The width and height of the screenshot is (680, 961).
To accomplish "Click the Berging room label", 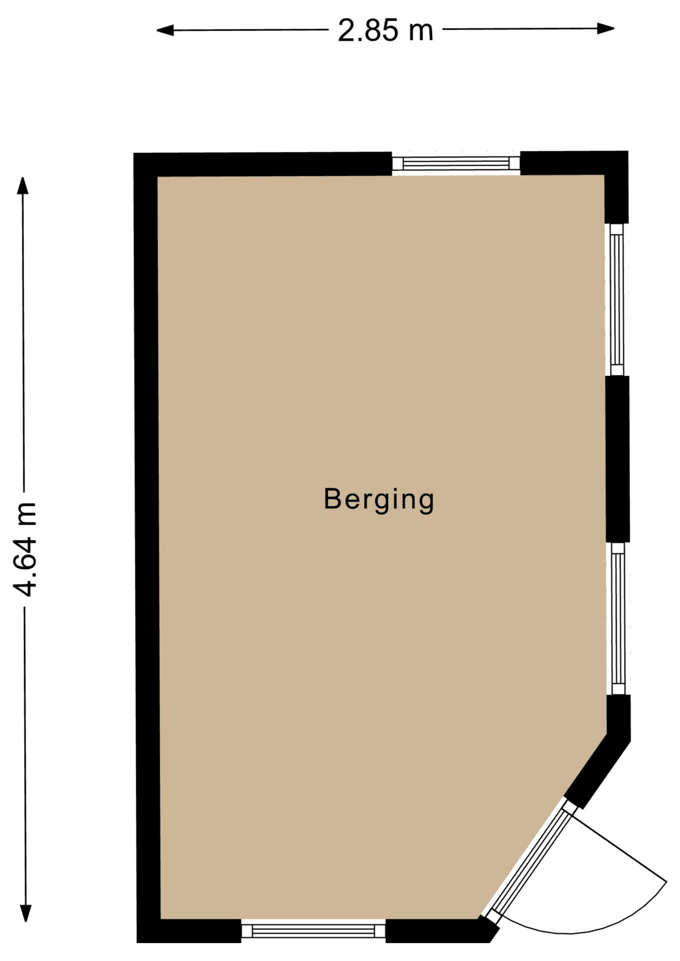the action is point(379,499).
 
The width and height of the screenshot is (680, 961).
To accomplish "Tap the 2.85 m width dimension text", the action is point(385,30).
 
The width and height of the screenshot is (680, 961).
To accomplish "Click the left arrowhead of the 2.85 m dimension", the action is point(165,31).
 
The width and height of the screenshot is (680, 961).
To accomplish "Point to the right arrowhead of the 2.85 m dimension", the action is point(606,29).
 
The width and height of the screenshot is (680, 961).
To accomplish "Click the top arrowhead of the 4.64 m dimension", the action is point(23,186).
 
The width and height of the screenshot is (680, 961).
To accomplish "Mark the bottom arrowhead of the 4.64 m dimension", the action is point(26,913).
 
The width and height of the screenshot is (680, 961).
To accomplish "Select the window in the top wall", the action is point(456,164).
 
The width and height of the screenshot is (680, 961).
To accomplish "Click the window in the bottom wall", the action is point(313,931).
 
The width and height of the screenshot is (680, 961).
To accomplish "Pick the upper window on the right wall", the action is point(617,299).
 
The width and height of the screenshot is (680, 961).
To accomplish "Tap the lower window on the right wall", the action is point(618,619).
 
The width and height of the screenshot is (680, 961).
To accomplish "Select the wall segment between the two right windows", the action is point(617,459).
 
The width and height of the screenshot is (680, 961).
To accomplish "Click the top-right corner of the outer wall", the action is point(628,151).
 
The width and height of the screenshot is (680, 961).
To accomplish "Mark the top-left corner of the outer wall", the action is point(134,153).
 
